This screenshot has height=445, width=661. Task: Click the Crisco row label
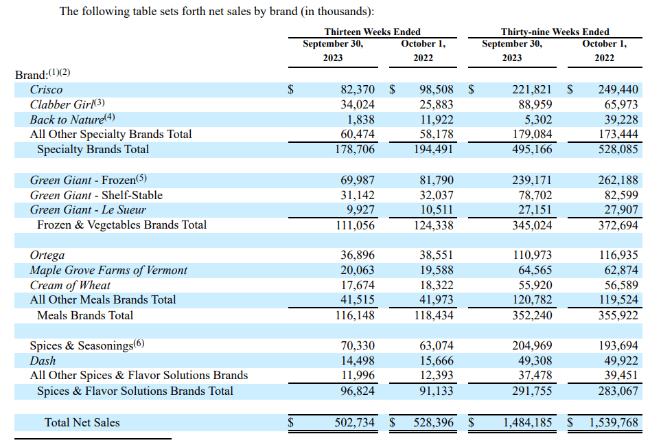point(46,89)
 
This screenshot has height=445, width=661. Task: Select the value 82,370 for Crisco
point(358,89)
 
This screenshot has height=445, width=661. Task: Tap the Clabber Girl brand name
point(61,104)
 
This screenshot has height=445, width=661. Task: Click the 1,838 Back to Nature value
point(362,119)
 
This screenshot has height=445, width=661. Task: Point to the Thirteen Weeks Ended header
point(372,32)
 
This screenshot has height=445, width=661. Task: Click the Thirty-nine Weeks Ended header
point(555,32)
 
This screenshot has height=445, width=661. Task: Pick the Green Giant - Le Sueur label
point(88,209)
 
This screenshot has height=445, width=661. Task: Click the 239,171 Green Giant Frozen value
point(532,180)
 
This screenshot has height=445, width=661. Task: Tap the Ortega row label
point(47,255)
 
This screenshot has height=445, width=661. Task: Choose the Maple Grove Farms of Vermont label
point(108,270)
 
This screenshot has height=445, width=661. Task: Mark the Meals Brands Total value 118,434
point(437,315)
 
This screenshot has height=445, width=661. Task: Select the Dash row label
point(43,361)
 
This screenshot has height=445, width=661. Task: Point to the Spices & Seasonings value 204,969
point(532,345)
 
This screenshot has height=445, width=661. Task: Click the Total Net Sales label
point(82,422)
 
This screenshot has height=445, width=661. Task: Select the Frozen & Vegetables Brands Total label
point(121,225)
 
